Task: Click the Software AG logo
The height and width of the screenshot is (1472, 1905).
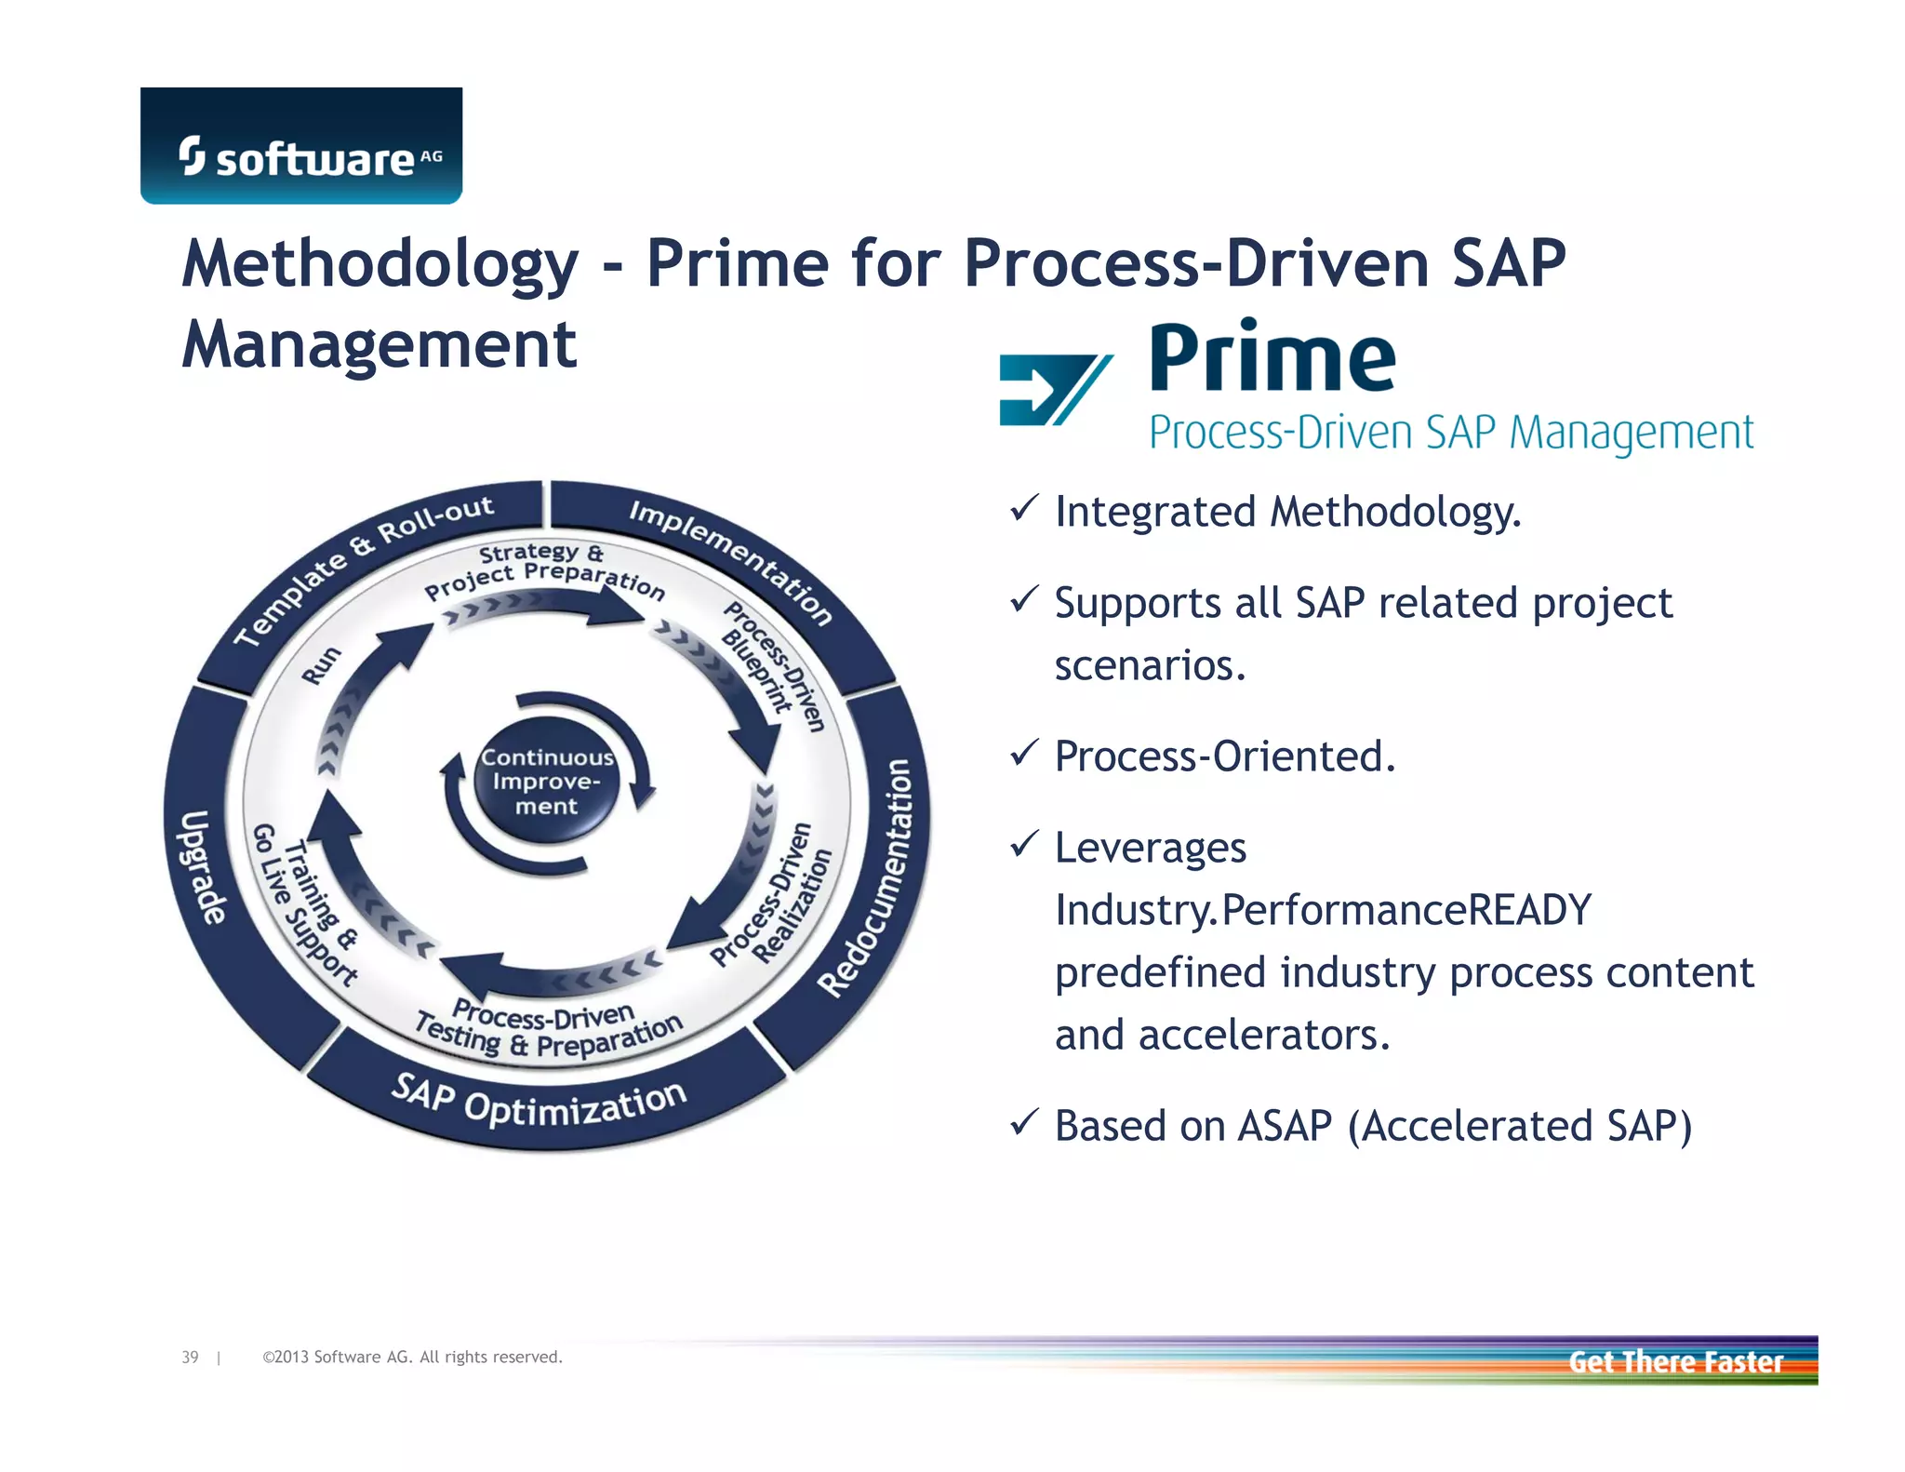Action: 300,146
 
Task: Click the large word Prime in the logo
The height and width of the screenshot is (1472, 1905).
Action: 1272,359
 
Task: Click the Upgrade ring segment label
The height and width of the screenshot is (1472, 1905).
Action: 202,867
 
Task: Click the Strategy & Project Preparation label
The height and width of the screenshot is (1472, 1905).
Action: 544,569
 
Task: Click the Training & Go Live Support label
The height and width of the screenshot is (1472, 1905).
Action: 306,903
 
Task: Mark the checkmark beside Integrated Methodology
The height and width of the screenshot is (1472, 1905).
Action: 1023,508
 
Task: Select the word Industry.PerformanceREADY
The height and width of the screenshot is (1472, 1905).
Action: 1323,910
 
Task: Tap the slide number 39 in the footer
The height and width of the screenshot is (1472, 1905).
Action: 190,1357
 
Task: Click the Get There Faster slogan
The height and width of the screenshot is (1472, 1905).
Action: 1675,1362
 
